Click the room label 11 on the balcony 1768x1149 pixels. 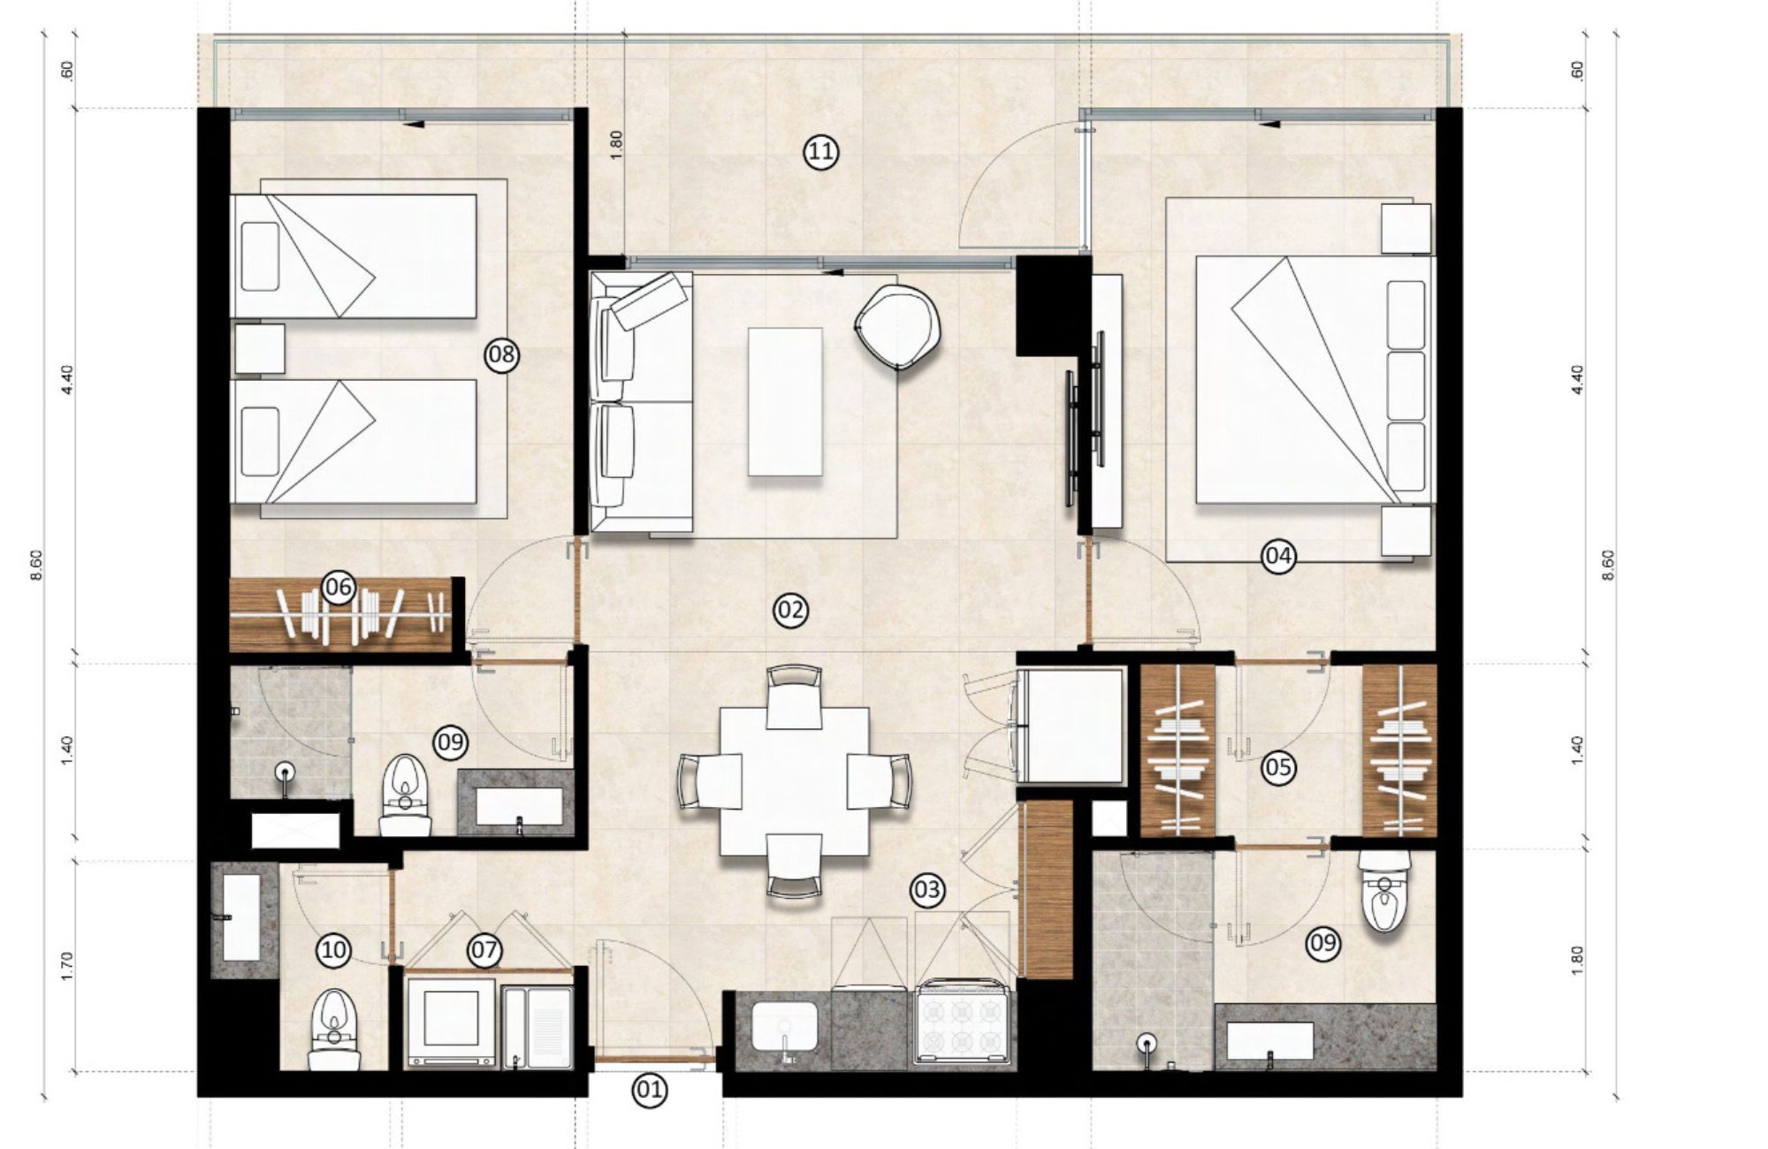821,152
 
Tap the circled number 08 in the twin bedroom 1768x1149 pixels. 501,355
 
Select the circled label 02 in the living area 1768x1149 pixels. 790,610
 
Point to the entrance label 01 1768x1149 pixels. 649,1090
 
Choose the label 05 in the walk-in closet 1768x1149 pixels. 1278,767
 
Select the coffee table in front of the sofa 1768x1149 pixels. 785,401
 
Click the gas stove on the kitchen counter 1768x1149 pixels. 964,1023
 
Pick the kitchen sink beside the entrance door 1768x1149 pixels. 783,1028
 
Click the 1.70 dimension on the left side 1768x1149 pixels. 67,966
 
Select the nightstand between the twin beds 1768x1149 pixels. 260,348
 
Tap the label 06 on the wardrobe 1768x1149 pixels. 339,587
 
